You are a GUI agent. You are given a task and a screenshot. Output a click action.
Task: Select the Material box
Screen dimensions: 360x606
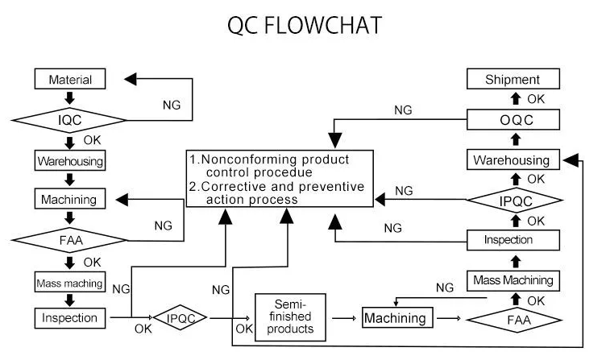[70, 80]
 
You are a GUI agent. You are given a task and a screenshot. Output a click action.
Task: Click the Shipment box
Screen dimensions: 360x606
[512, 79]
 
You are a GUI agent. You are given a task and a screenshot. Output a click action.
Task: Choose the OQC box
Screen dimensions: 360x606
[512, 120]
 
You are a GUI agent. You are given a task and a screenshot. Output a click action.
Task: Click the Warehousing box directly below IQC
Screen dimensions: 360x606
[70, 160]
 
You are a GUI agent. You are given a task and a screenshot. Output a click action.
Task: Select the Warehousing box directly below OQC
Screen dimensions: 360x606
[512, 160]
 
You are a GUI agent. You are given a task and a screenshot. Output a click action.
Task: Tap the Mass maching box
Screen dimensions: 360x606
[70, 282]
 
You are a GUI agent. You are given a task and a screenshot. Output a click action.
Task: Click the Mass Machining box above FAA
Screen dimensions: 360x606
[512, 280]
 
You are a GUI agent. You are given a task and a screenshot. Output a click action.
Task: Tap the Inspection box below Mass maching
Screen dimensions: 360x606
[70, 318]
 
